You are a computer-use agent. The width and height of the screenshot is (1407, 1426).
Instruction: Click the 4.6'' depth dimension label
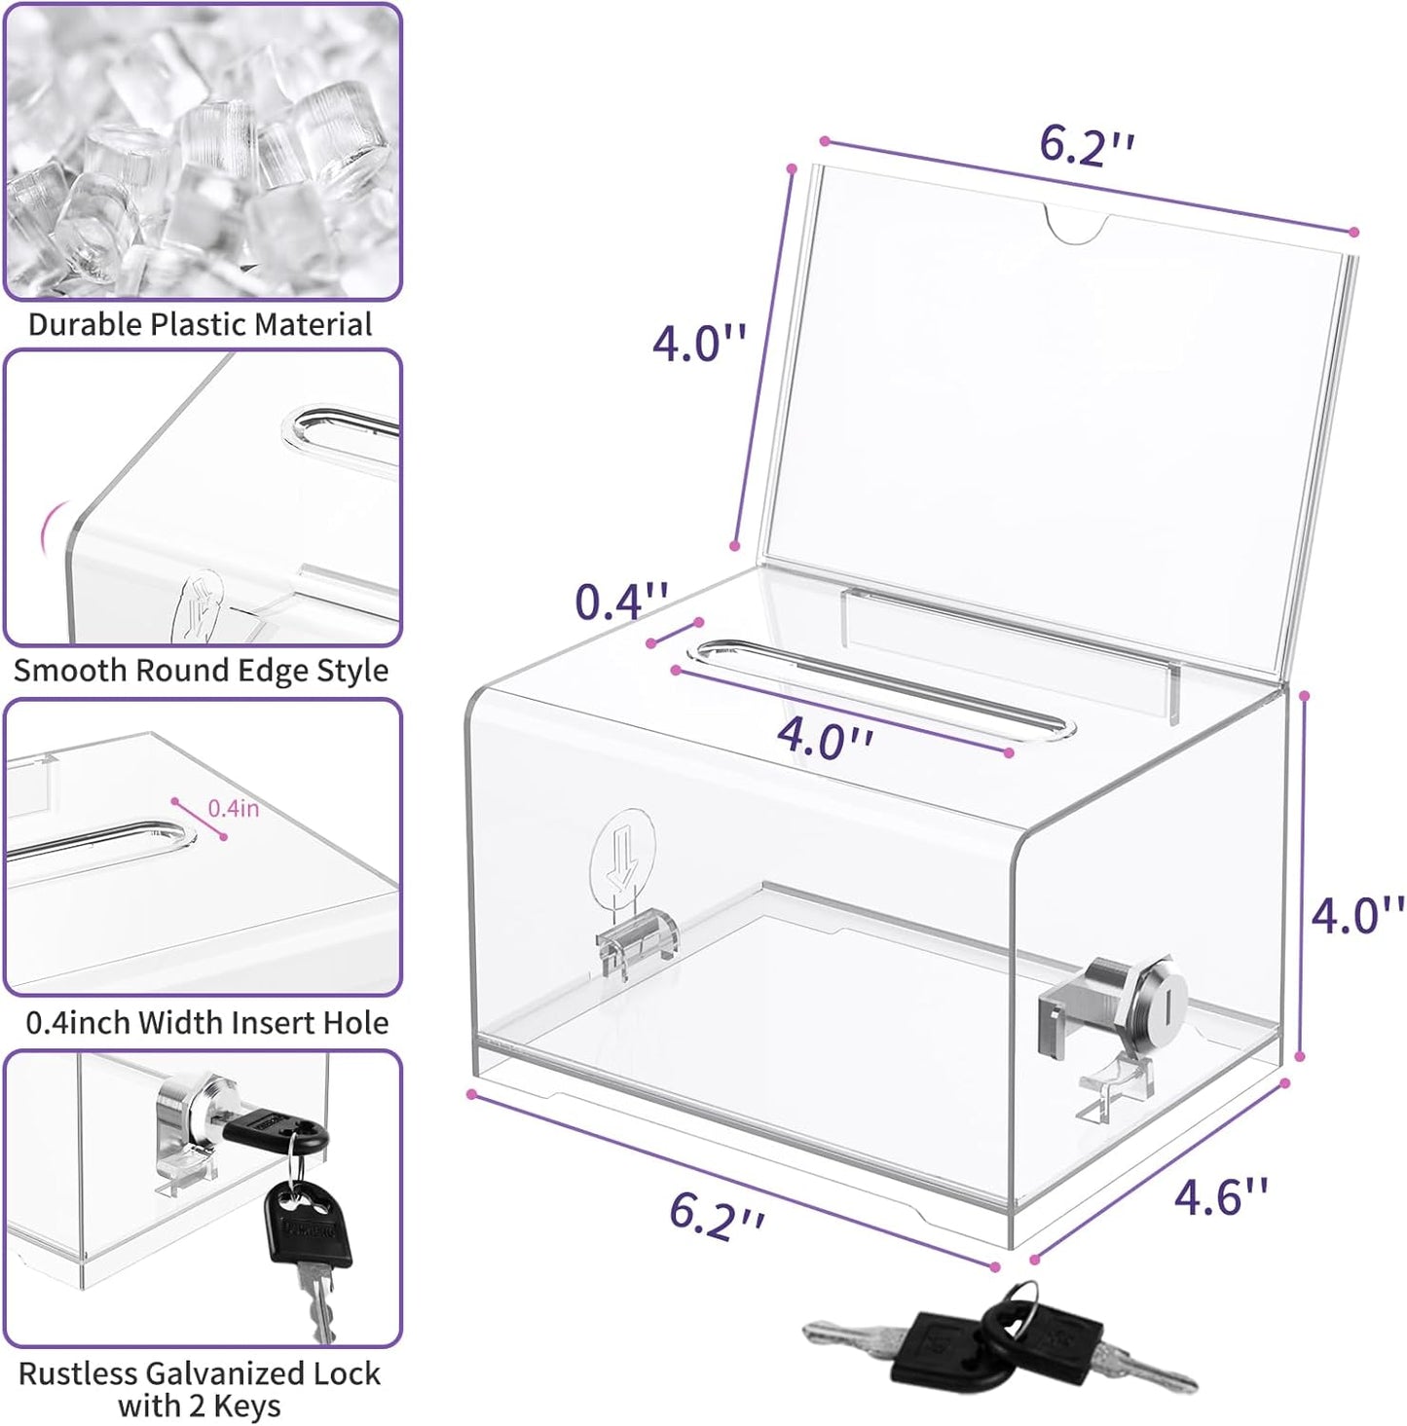coord(1220,1195)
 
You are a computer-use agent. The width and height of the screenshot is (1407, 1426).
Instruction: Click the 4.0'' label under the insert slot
coord(824,738)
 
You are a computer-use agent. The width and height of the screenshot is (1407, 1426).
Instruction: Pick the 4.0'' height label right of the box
coord(1356,915)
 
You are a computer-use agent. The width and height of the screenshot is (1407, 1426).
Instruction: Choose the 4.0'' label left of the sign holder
coord(698,344)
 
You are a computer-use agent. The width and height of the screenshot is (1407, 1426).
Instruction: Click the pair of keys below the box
coord(1001,1338)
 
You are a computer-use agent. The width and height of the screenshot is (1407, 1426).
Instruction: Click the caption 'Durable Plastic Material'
coord(200,324)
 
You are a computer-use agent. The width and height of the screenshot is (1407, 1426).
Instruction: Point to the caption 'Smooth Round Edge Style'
coord(201,671)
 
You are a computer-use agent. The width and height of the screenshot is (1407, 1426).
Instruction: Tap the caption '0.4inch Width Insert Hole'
coord(206,1022)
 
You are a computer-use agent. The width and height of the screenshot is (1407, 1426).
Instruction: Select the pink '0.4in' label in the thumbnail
coord(233,808)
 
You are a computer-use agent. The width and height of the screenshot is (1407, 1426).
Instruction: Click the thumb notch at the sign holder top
coord(1077,223)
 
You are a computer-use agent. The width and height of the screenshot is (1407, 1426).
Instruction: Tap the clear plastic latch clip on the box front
coord(639,940)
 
